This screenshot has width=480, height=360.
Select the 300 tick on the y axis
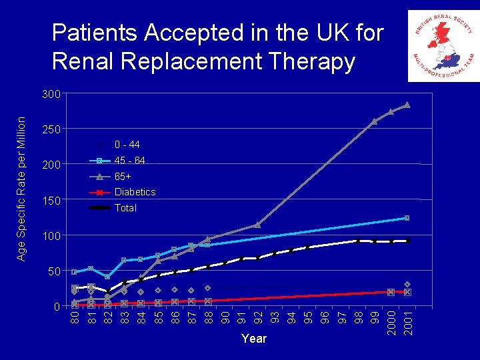pyautogui.click(x=51, y=94)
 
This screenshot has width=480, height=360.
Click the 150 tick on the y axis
pyautogui.click(x=51, y=201)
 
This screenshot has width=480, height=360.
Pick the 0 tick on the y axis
pyautogui.click(x=57, y=307)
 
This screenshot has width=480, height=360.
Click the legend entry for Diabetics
pyautogui.click(x=135, y=192)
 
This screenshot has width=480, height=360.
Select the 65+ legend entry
pyautogui.click(x=123, y=177)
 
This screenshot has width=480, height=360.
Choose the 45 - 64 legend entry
pyautogui.click(x=129, y=161)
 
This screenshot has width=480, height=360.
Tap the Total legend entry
pyautogui.click(x=125, y=208)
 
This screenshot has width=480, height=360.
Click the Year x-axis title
pyautogui.click(x=254, y=339)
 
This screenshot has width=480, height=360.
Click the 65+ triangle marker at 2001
pyautogui.click(x=407, y=105)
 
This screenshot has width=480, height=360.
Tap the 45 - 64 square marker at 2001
pyautogui.click(x=407, y=218)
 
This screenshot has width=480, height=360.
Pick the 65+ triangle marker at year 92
pyautogui.click(x=257, y=225)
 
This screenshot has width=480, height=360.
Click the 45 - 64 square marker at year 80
pyautogui.click(x=74, y=272)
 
